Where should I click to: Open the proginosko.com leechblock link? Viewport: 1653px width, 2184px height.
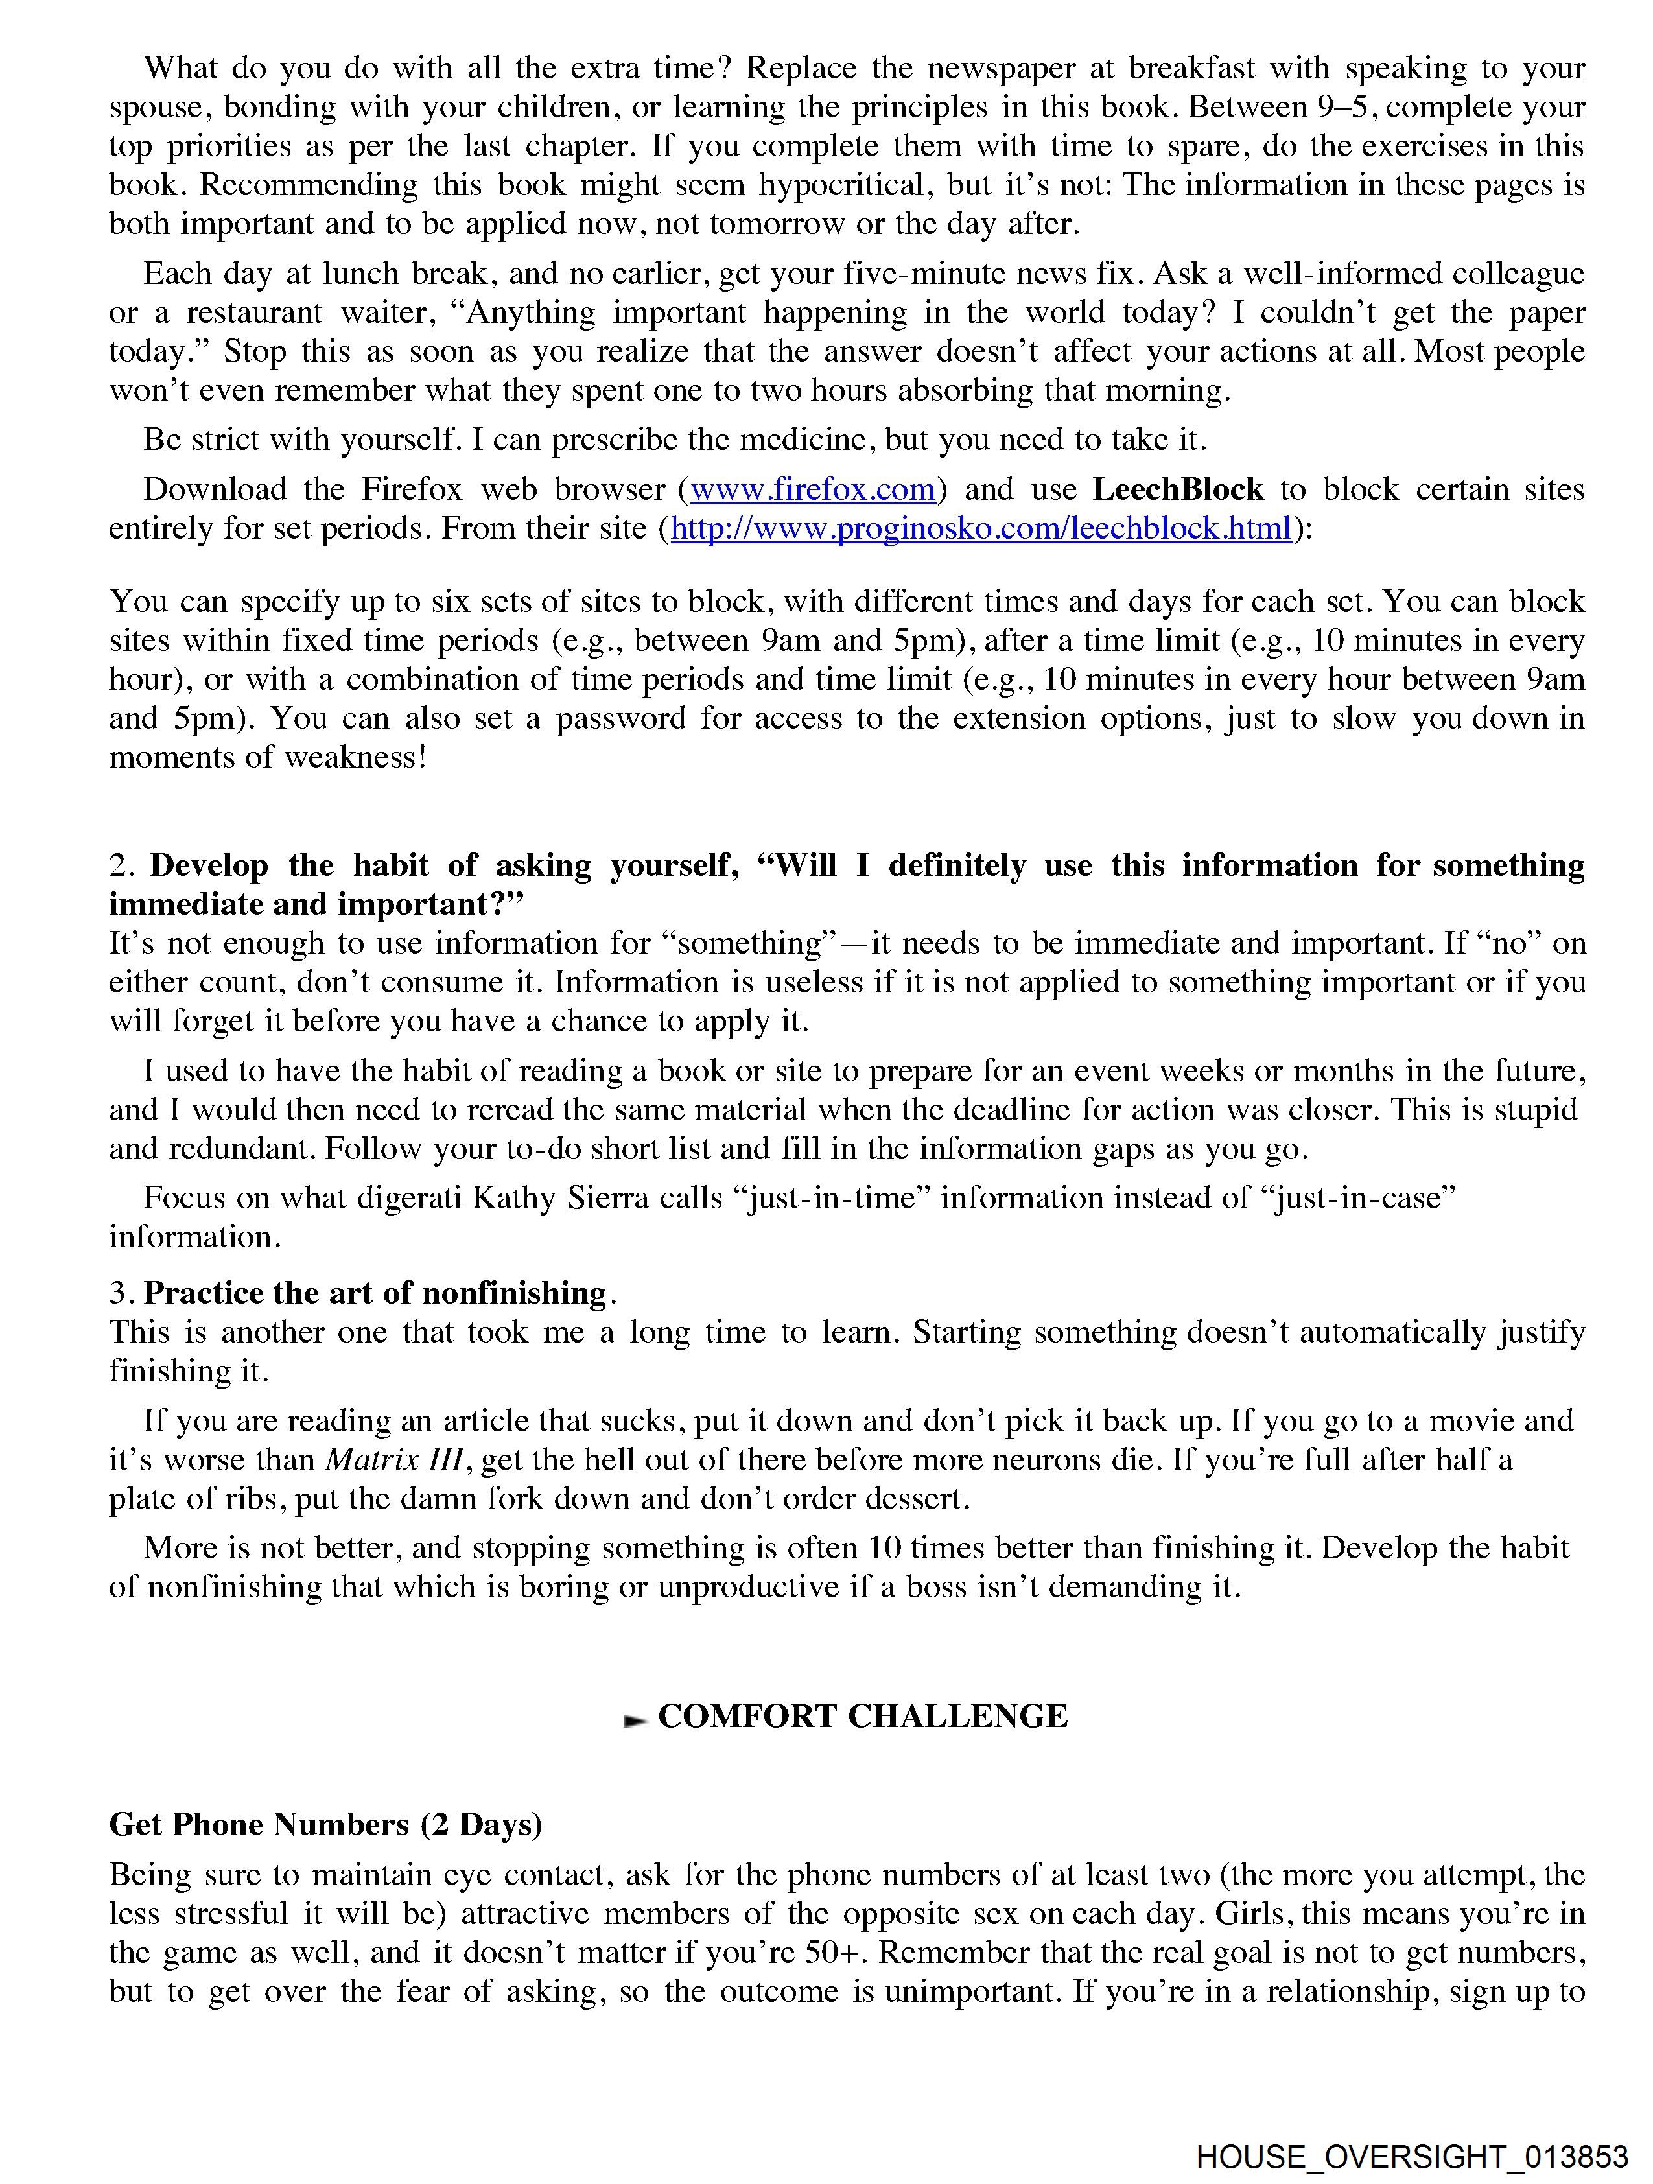[x=981, y=529]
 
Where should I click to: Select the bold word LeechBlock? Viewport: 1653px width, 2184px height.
[x=1177, y=489]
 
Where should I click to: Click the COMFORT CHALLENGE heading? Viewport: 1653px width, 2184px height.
[x=862, y=1716]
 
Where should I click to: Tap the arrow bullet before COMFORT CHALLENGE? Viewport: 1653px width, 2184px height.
[x=635, y=1719]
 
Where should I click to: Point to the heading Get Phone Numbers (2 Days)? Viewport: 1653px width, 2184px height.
[x=326, y=1825]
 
